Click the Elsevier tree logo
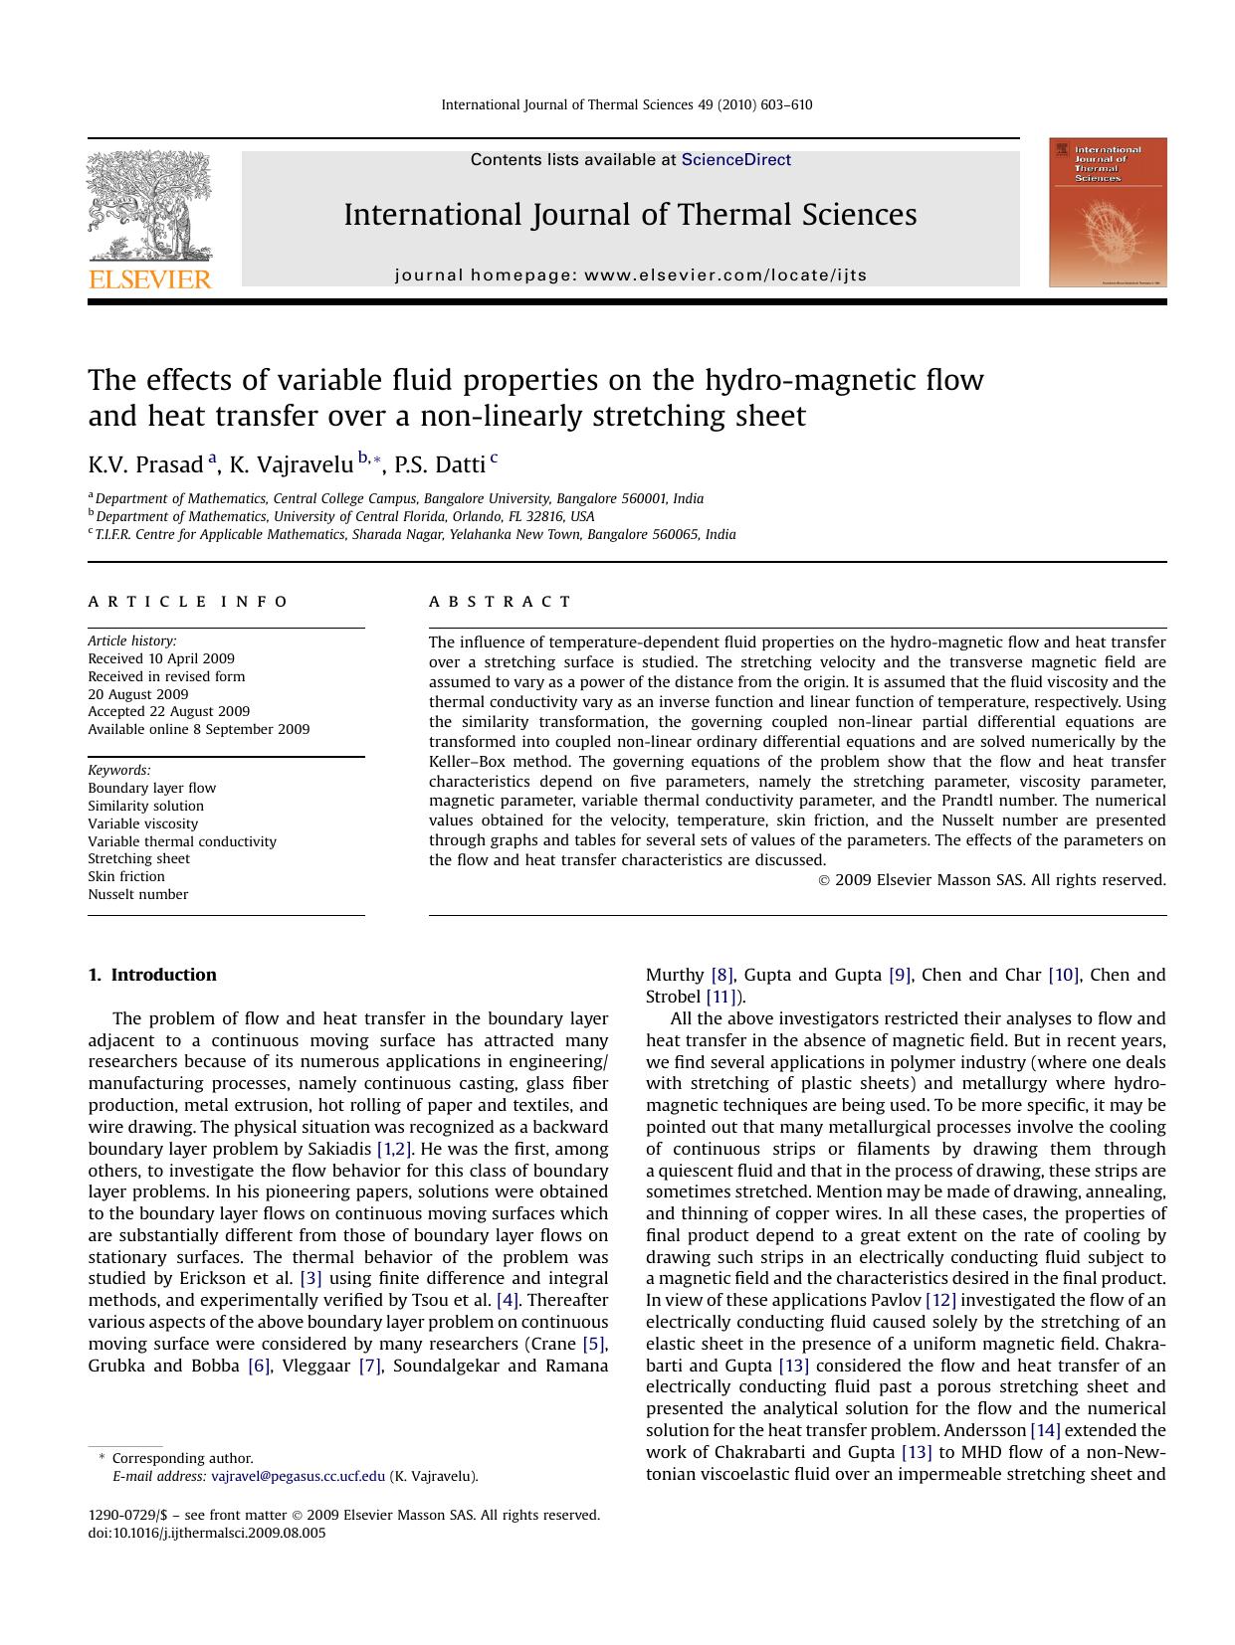[149, 206]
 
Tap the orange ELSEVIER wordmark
[149, 279]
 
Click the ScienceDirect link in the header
[735, 159]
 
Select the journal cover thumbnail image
[1108, 213]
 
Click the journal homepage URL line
[631, 275]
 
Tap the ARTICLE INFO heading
[188, 602]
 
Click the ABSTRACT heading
[500, 602]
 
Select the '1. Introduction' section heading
[152, 975]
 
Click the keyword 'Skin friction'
[126, 876]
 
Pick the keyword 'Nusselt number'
[137, 894]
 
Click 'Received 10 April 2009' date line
[161, 658]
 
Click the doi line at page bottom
[207, 1533]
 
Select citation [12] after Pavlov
[940, 1300]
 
